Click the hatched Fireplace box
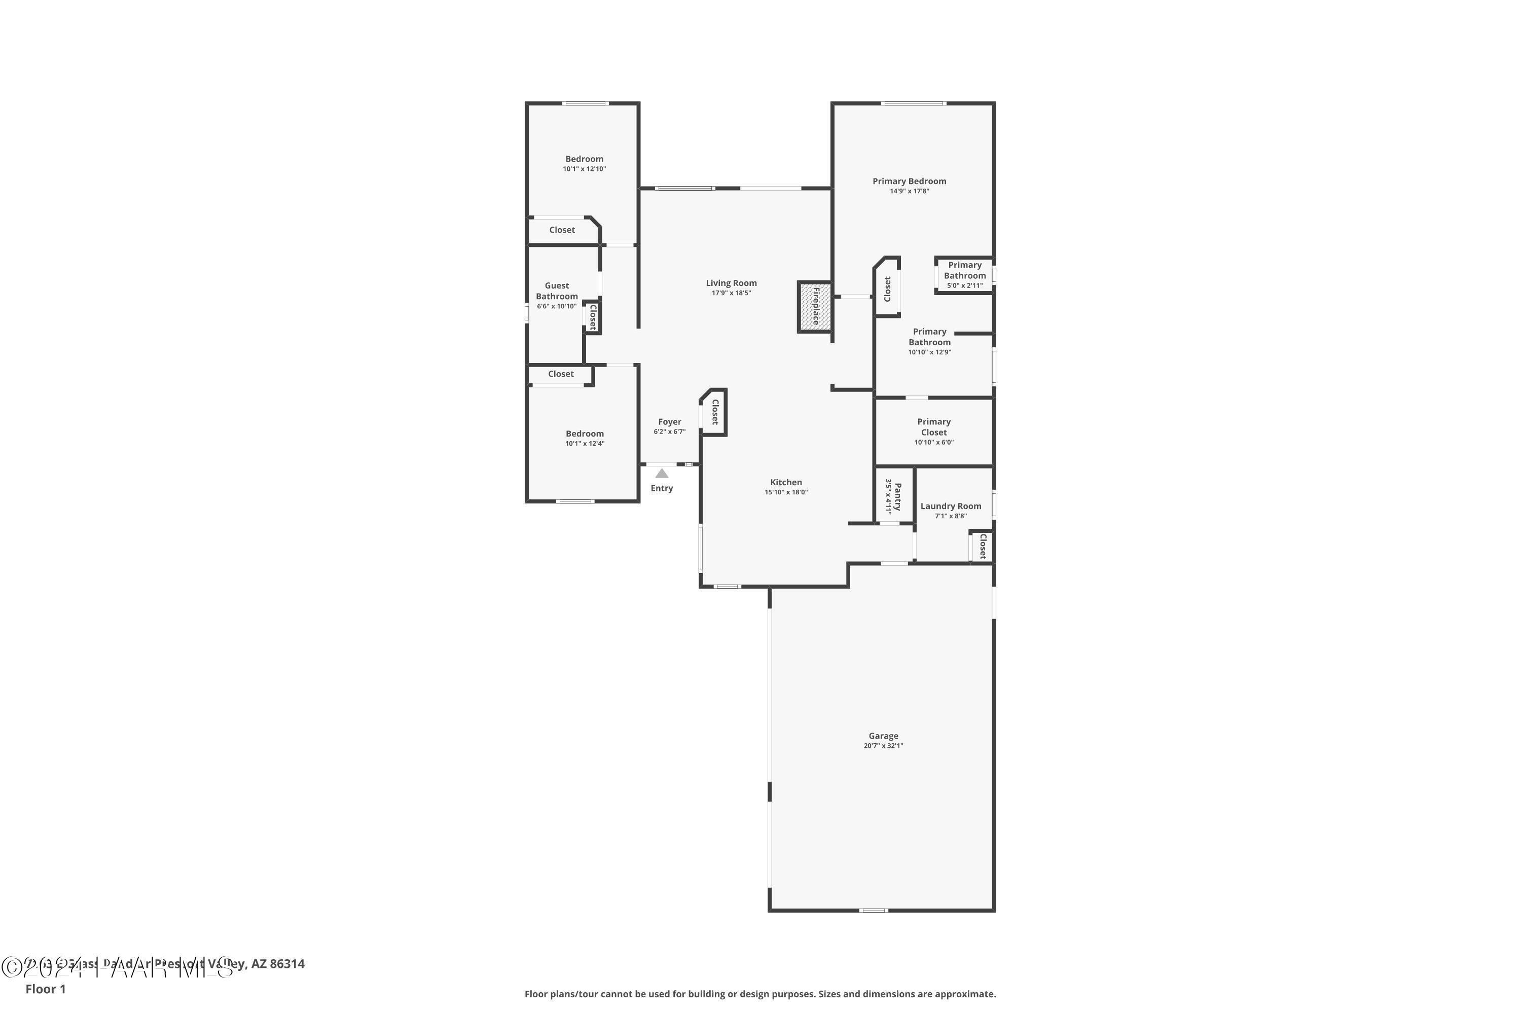814,307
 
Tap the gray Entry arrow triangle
662,474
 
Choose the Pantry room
894,496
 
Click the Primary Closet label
933,427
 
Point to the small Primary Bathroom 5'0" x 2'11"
964,275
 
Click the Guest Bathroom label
556,291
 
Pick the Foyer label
669,422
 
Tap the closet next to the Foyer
714,412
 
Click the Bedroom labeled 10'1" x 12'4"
585,438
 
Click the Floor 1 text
45,989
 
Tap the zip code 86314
287,964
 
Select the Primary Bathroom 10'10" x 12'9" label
929,341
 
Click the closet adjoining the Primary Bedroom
887,288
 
